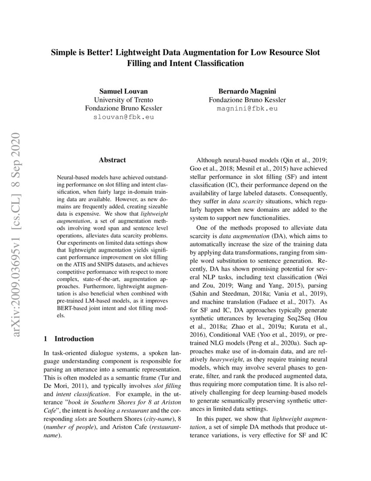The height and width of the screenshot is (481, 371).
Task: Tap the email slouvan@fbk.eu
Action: coord(124,117)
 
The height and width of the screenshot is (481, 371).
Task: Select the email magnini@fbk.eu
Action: coord(247,108)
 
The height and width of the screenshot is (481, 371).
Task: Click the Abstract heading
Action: coord(112,160)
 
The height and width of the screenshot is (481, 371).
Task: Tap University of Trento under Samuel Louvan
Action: coord(124,100)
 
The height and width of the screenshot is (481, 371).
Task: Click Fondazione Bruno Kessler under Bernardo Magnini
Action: coord(247,100)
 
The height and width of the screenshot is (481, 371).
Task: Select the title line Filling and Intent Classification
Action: coord(185,63)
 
